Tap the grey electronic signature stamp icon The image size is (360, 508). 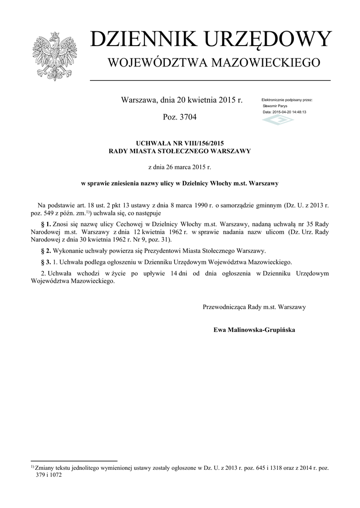(278, 121)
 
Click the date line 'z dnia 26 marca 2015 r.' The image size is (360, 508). (180, 167)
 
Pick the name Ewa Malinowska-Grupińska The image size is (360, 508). (254, 329)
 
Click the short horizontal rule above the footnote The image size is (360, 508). (73, 461)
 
